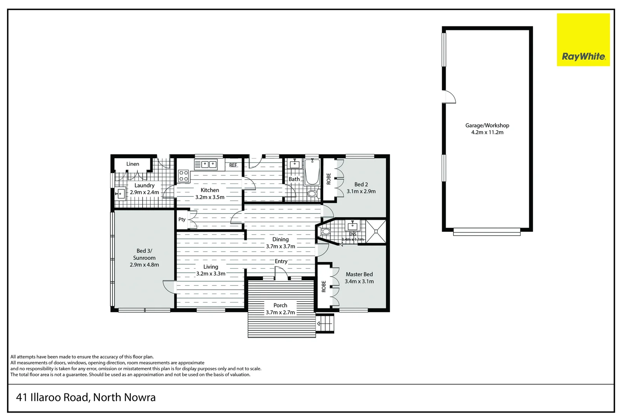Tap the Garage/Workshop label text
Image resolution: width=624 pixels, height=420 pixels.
[x=487, y=126]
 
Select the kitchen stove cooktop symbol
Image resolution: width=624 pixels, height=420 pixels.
[x=183, y=176]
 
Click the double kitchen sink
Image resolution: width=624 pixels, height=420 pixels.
[x=209, y=164]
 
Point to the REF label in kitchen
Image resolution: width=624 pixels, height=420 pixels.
[x=233, y=165]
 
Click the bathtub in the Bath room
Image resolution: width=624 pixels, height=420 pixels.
[x=312, y=172]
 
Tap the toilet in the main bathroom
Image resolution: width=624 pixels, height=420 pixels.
[x=312, y=193]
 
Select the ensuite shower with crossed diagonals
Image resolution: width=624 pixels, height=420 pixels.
[x=376, y=231]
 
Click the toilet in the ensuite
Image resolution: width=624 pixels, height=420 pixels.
[x=325, y=232]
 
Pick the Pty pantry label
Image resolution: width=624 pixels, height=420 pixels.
[x=182, y=219]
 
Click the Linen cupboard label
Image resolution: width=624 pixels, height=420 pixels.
[x=132, y=164]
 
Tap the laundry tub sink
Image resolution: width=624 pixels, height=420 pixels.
[x=120, y=193]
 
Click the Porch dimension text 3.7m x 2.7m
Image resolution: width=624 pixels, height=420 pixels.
[x=280, y=312]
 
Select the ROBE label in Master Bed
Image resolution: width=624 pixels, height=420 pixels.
[x=324, y=287]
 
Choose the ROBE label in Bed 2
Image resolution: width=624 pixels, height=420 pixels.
[x=329, y=179]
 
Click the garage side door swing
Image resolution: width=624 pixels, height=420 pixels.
[x=450, y=97]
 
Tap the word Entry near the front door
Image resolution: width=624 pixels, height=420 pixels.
[x=281, y=261]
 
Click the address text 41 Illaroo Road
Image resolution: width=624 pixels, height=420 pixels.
[x=85, y=397]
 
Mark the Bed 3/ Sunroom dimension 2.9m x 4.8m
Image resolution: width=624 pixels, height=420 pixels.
[x=144, y=265]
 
